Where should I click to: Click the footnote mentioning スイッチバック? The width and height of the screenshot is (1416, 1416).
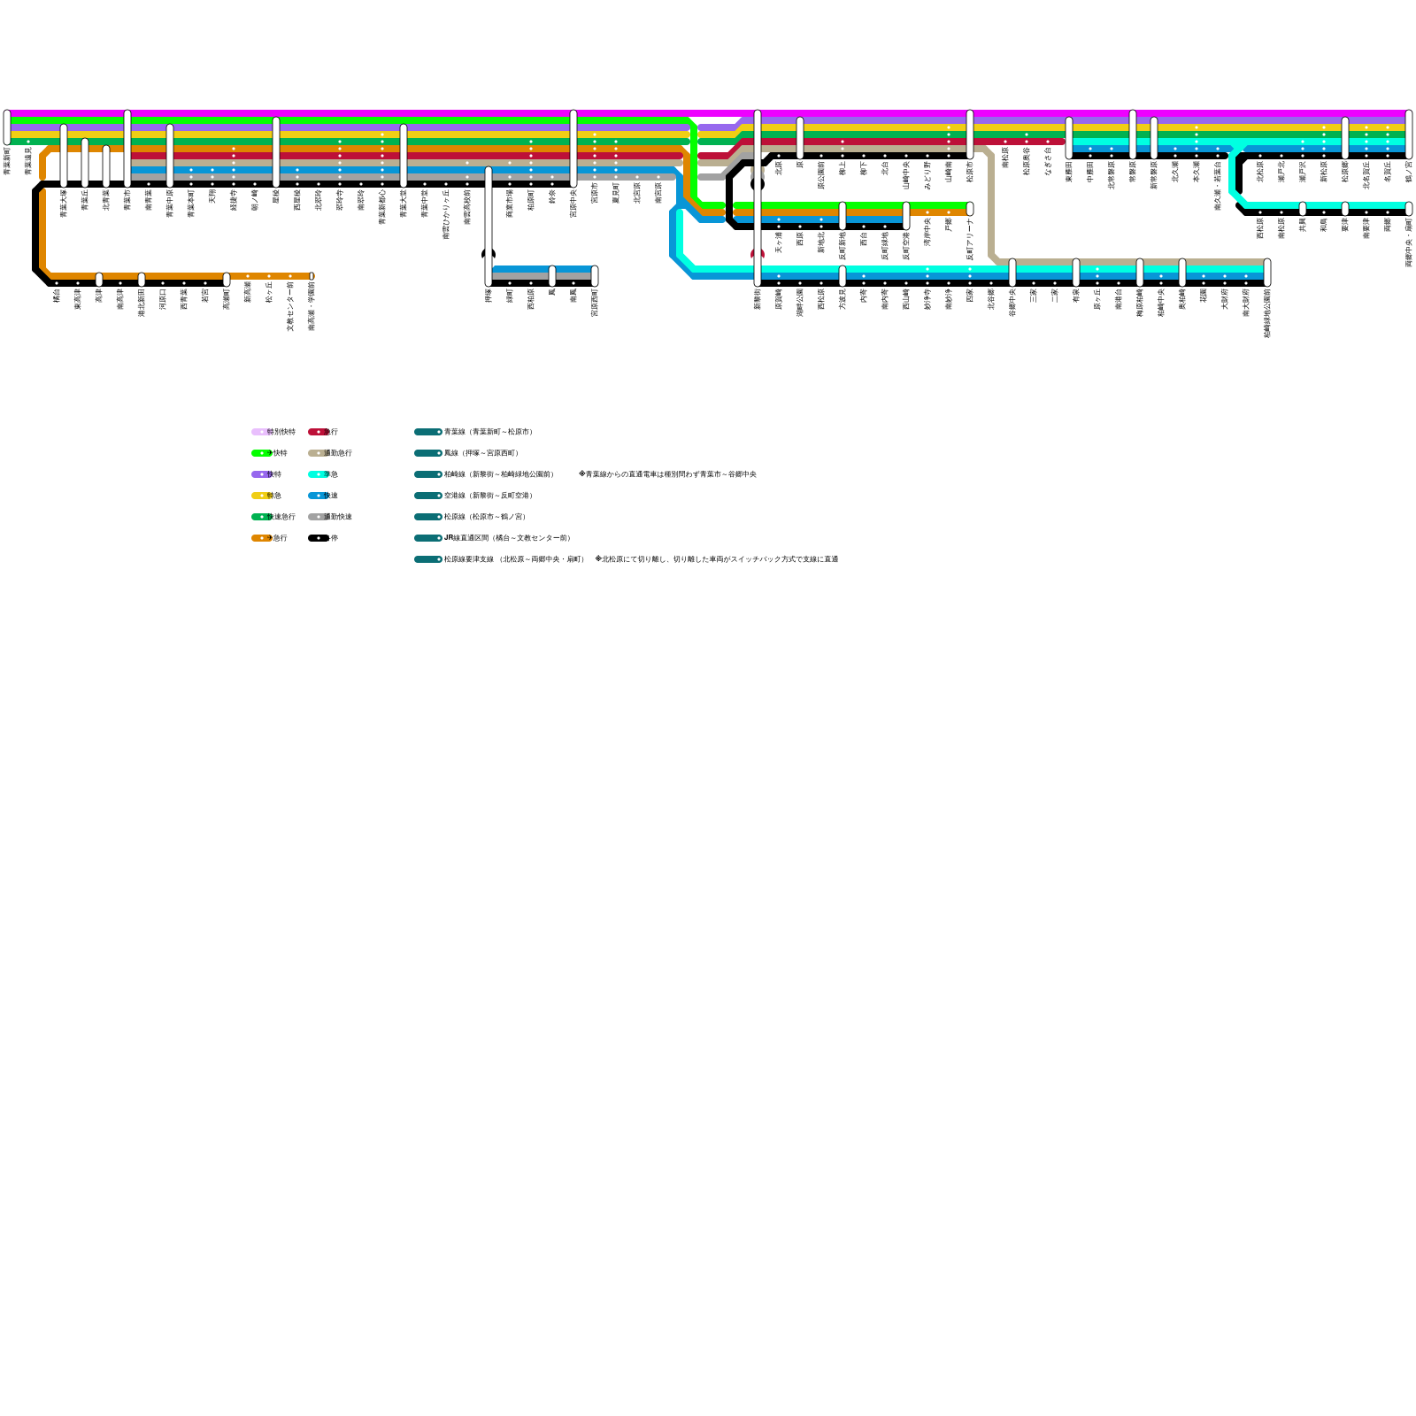[717, 559]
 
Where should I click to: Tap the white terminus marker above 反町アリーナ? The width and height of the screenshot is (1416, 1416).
[970, 209]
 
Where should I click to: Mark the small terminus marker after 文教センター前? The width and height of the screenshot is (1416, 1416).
[312, 276]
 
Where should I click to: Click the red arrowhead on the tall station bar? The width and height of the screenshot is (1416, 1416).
[758, 254]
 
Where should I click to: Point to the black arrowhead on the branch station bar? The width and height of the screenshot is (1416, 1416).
[489, 254]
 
